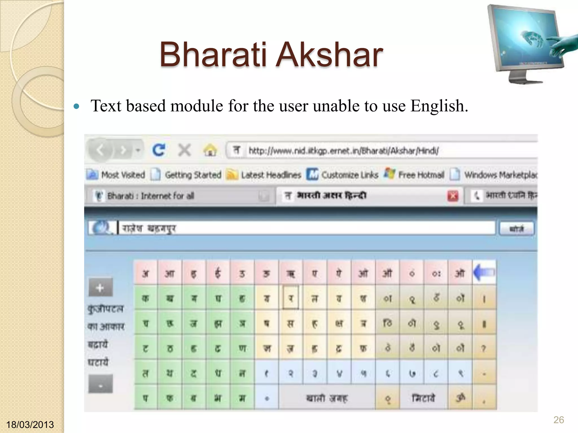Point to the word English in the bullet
(x=439, y=106)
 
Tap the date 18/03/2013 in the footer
(x=30, y=425)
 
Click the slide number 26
(x=559, y=420)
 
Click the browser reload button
(x=159, y=150)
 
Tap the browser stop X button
(x=184, y=150)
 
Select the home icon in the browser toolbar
(x=210, y=150)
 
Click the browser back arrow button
(x=100, y=150)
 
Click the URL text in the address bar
(x=343, y=151)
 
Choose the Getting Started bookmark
(x=193, y=175)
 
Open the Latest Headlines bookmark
(x=271, y=175)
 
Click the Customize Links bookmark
(x=349, y=175)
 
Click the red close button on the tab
(x=453, y=196)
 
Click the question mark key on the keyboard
(x=484, y=348)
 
